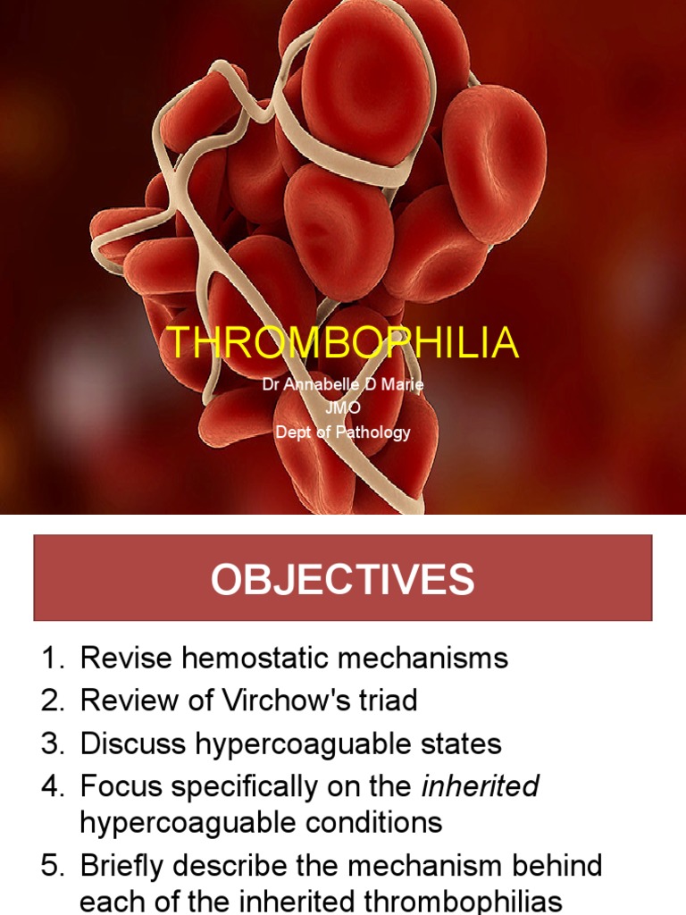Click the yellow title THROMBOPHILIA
[x=343, y=343]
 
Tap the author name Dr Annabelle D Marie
[x=343, y=385]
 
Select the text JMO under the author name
[x=343, y=408]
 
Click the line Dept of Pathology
[x=343, y=432]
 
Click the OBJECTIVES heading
[x=343, y=580]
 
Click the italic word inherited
[x=480, y=786]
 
